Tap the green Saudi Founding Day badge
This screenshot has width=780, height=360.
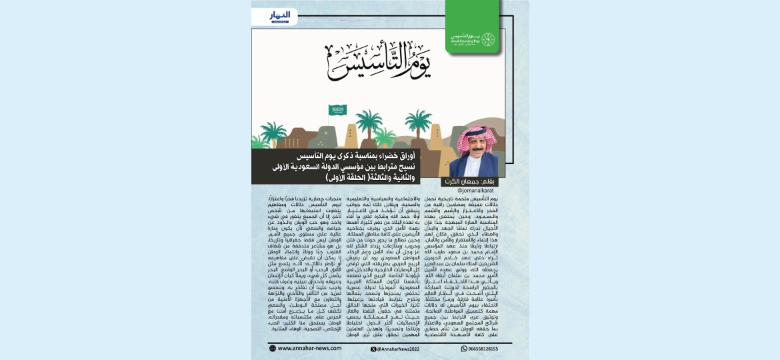(x=488, y=39)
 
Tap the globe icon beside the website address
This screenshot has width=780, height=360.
(x=273, y=348)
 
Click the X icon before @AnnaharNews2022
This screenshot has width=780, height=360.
(x=373, y=349)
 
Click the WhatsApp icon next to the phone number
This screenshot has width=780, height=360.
(x=464, y=349)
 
